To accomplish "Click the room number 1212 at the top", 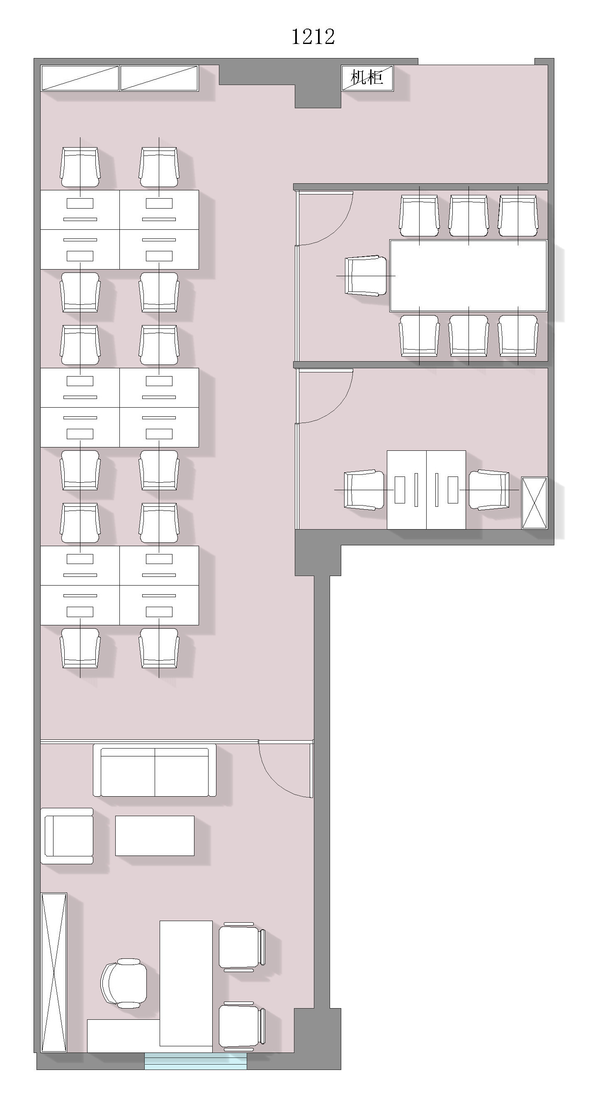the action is click(x=313, y=36).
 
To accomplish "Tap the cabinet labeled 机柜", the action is click(x=368, y=78).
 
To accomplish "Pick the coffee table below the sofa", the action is click(x=155, y=835).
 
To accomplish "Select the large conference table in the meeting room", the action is click(x=469, y=276).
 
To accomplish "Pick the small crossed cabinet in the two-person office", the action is click(x=534, y=503).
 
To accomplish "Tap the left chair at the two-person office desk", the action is click(x=364, y=490).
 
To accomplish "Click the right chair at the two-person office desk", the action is click(x=489, y=490).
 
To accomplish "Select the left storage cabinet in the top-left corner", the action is click(x=80, y=78).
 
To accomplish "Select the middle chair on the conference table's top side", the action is click(x=469, y=216).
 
